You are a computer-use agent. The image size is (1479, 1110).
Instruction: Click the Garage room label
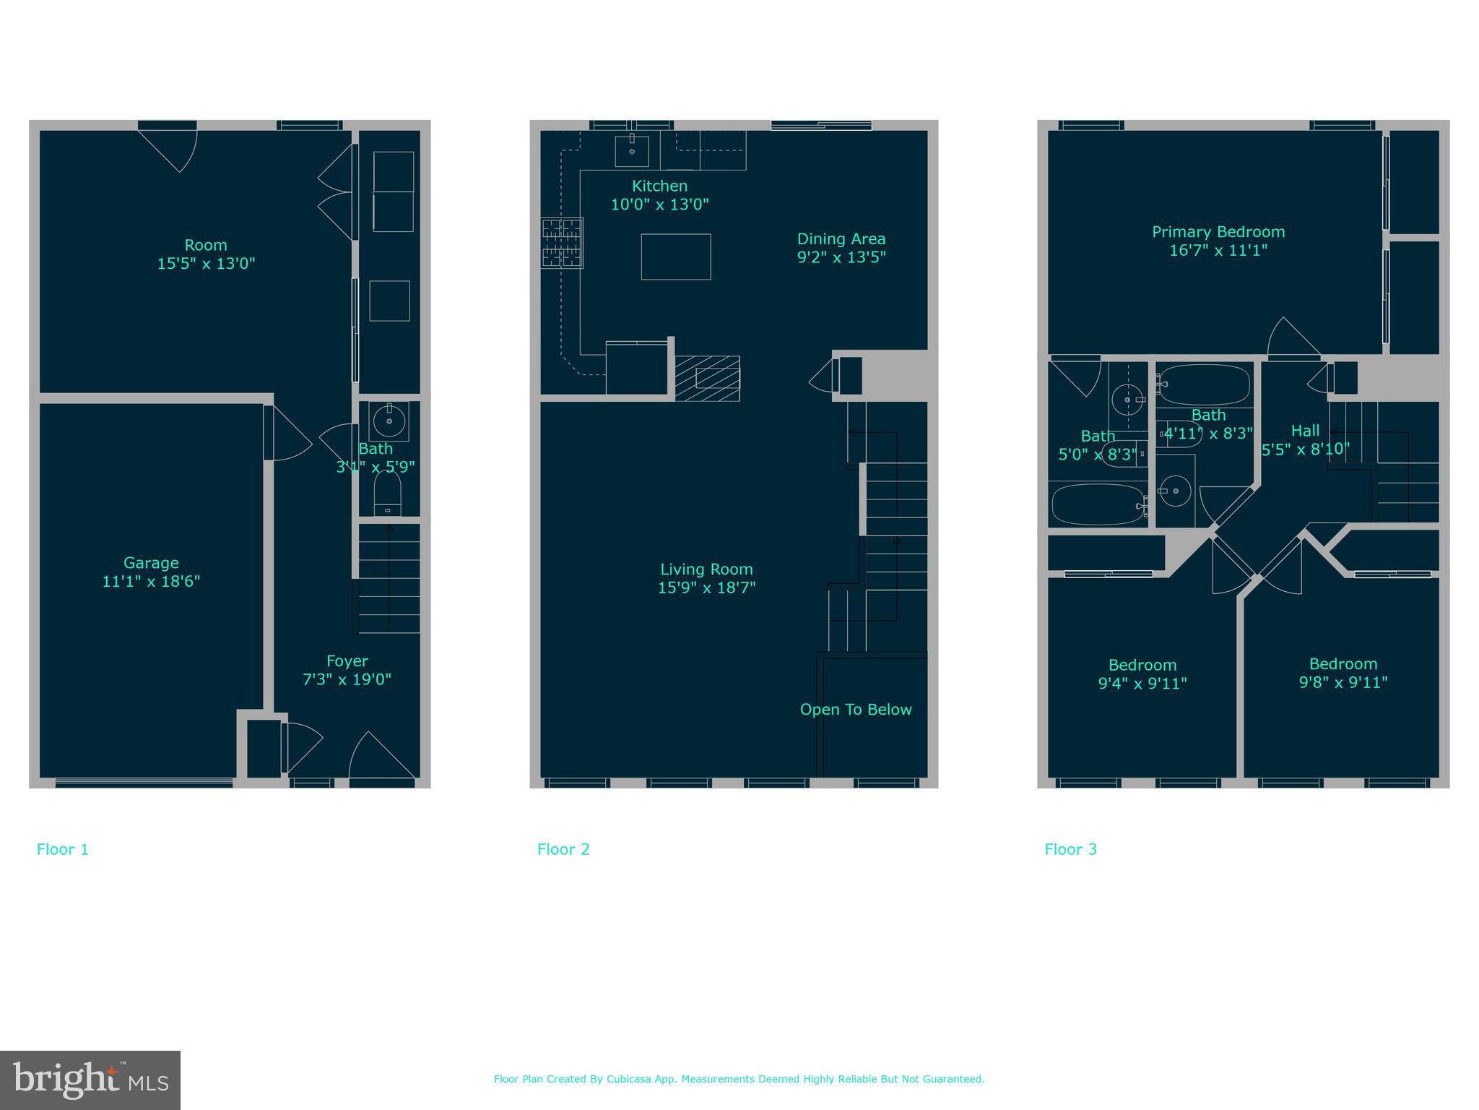(x=151, y=562)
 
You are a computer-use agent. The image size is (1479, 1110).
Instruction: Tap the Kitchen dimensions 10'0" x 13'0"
(x=659, y=205)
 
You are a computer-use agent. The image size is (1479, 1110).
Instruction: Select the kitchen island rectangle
(x=675, y=257)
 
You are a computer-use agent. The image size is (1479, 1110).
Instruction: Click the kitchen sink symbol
(x=631, y=150)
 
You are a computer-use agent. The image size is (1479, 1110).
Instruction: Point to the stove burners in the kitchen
(x=563, y=243)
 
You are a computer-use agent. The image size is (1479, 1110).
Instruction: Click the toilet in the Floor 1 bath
(x=387, y=494)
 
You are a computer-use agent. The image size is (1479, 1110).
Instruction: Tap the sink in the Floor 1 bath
(x=389, y=421)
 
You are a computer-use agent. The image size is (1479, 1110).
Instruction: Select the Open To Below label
(x=856, y=710)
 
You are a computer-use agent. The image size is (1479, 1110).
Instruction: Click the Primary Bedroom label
(x=1218, y=232)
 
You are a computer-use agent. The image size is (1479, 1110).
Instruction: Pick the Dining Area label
(x=841, y=238)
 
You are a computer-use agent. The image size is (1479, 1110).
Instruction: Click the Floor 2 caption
(x=563, y=849)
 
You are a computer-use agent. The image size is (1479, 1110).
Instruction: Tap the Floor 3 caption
(x=1070, y=849)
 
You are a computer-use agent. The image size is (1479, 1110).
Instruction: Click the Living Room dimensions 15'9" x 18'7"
(x=706, y=588)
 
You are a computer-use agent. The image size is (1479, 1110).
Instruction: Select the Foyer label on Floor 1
(x=347, y=661)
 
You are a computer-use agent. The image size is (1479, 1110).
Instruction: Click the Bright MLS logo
(x=90, y=1080)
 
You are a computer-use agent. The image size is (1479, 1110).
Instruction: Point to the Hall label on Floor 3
(x=1305, y=431)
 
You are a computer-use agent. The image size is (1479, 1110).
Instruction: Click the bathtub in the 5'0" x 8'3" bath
(x=1096, y=504)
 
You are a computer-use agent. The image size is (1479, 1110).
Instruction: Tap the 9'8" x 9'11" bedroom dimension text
(x=1343, y=682)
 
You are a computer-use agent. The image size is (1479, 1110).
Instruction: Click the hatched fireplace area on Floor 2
(x=707, y=378)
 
